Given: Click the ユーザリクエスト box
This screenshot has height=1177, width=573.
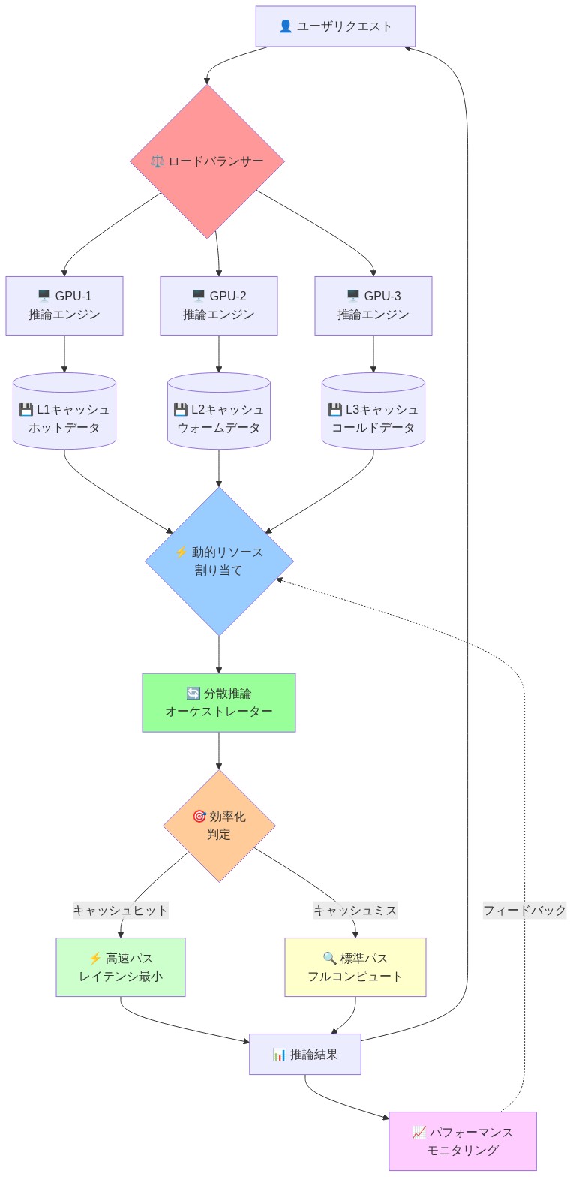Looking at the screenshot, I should pos(335,26).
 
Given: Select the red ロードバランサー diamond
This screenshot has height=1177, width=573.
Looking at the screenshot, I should pos(207,161).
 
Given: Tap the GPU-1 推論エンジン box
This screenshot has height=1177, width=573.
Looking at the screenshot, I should pos(64,306).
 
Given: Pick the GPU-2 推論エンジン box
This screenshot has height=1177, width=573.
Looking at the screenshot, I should pos(219,306).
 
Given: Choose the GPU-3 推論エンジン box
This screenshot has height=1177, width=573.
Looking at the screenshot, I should pos(373,306).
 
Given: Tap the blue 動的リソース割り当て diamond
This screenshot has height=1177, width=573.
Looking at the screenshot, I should pos(219,561).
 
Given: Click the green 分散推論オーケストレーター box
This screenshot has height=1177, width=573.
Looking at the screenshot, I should pos(219,702).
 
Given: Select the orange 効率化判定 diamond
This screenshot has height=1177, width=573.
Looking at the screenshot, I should pos(219,826).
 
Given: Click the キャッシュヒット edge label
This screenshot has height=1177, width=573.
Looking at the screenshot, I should pos(121,910).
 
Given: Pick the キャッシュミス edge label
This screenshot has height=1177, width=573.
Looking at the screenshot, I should pos(355,910).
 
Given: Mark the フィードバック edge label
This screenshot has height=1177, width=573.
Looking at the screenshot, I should pos(524,910).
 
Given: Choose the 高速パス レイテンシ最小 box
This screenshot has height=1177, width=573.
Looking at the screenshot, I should pos(121,967).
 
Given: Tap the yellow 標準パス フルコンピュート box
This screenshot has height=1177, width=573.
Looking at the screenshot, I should pos(355,967).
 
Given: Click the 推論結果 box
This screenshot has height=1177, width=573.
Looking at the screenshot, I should pos(305,1054).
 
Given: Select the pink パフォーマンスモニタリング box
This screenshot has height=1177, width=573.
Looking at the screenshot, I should pos(463,1141).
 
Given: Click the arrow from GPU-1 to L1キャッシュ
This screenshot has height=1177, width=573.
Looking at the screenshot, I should pos(64,354).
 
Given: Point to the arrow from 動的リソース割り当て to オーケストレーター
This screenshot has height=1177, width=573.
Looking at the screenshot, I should pos(219,654).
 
